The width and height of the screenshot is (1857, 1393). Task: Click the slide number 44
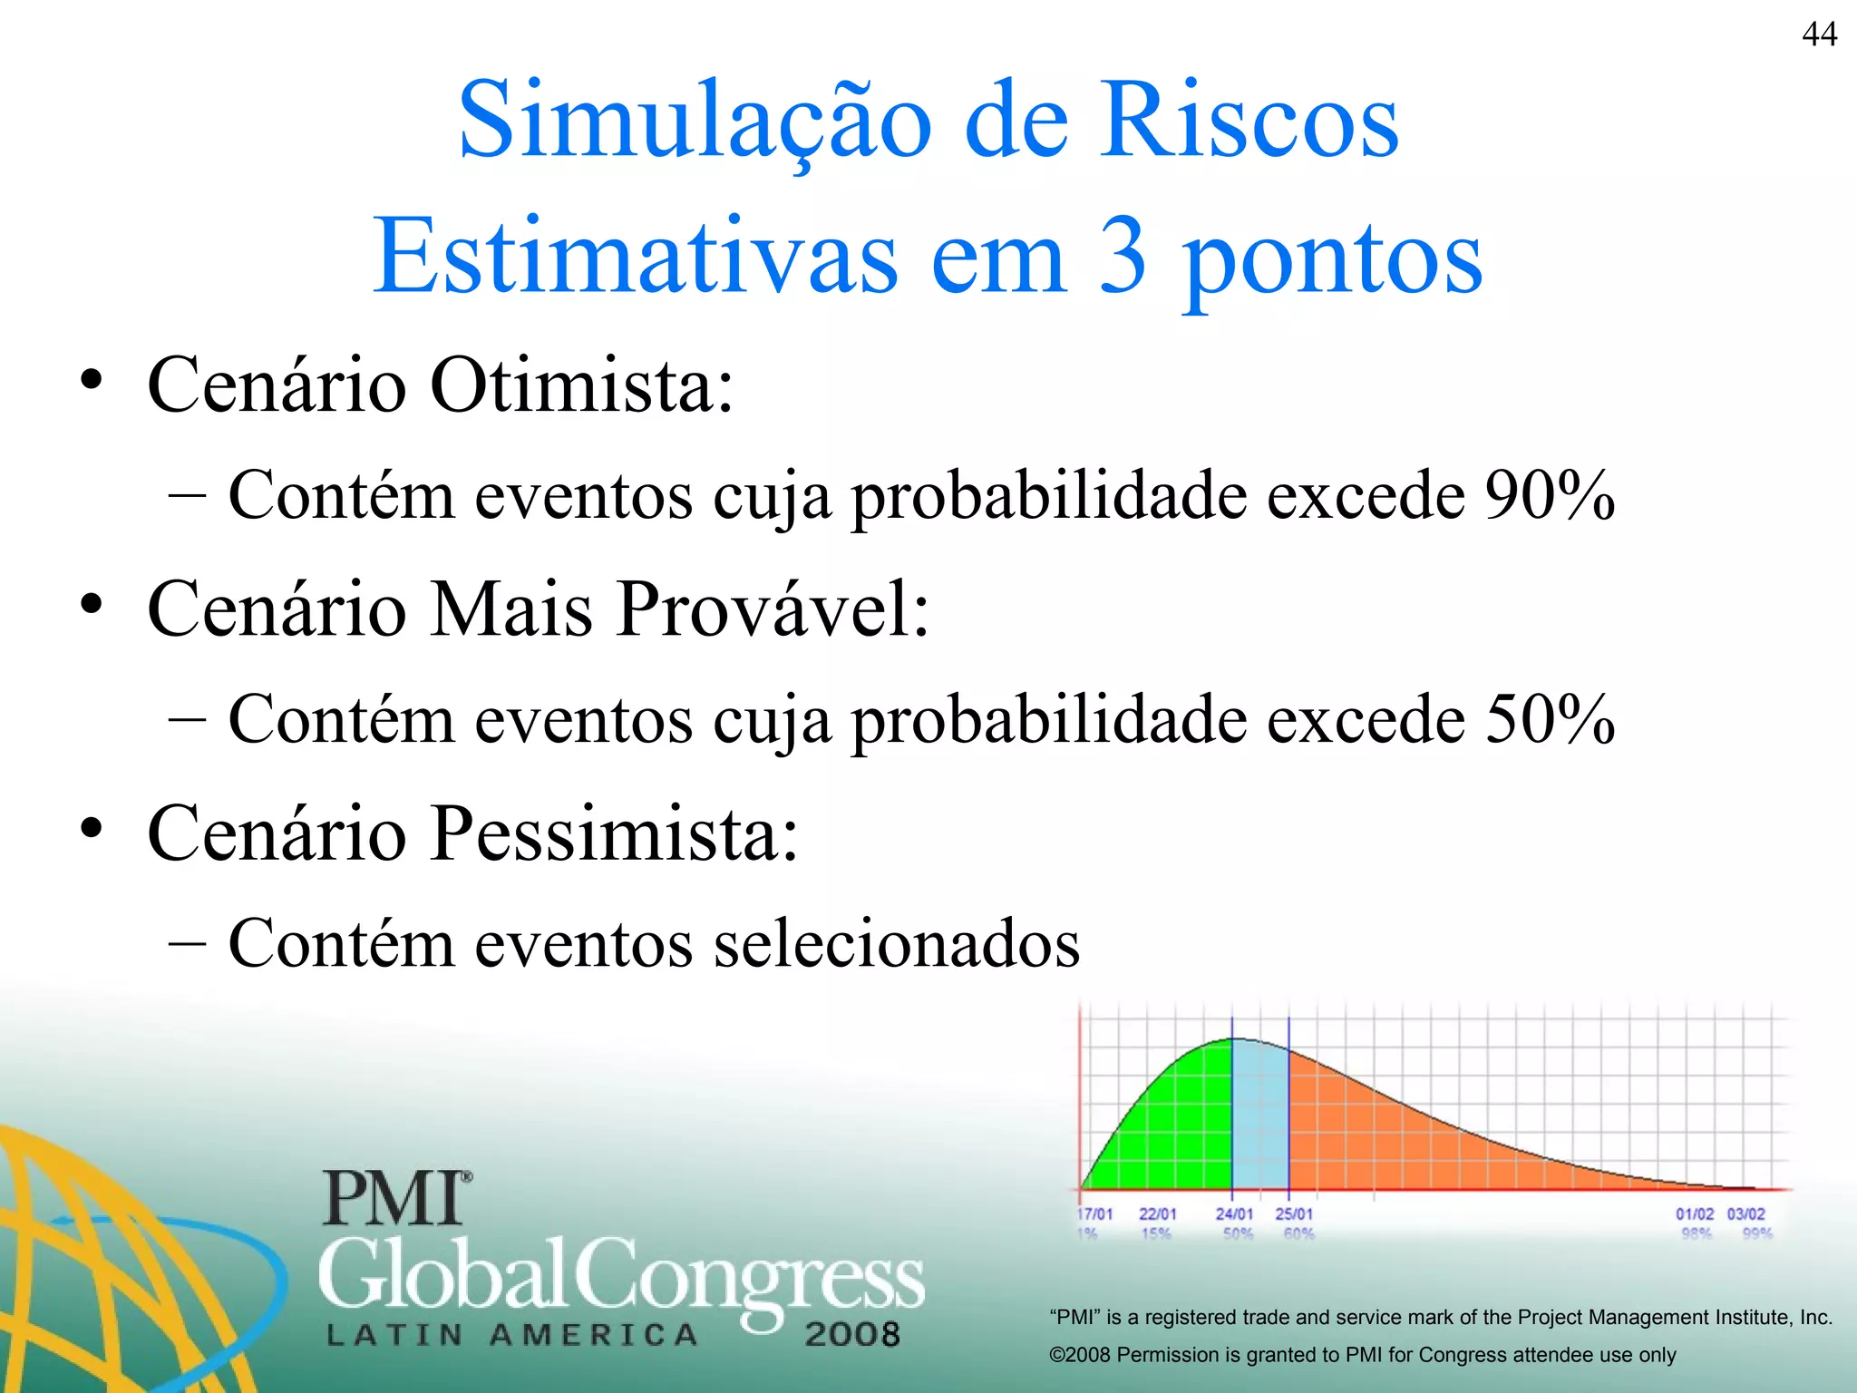pos(1819,34)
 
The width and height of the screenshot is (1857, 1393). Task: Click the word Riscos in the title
pos(1250,121)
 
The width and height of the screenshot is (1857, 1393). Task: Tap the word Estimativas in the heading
pos(635,257)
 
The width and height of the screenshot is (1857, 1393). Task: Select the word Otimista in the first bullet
pos(580,385)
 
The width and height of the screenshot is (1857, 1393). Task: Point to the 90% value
pos(1550,495)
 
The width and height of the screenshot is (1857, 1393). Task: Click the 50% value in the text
pos(1550,719)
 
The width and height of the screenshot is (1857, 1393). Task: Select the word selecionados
pos(897,943)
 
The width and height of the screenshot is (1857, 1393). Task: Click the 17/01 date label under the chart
pos(1094,1213)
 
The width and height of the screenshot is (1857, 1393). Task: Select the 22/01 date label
pos(1158,1213)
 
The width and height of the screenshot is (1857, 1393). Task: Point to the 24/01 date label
pos(1234,1213)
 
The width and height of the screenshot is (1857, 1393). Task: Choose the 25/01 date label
pos(1294,1213)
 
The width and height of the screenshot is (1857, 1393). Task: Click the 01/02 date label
pos(1694,1213)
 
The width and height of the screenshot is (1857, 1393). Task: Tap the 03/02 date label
pos(1745,1213)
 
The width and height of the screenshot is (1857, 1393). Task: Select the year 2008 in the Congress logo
pos(851,1334)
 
